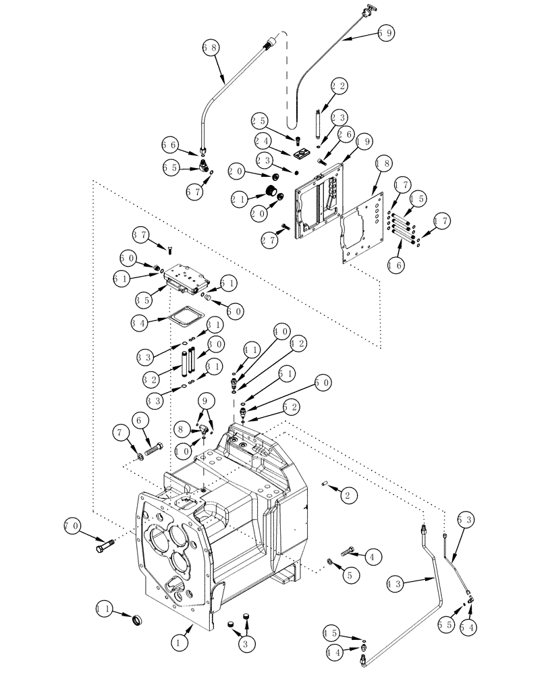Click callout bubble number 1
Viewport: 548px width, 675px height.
pos(180,644)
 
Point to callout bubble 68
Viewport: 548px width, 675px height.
pos(211,48)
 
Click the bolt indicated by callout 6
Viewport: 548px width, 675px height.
pos(155,448)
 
